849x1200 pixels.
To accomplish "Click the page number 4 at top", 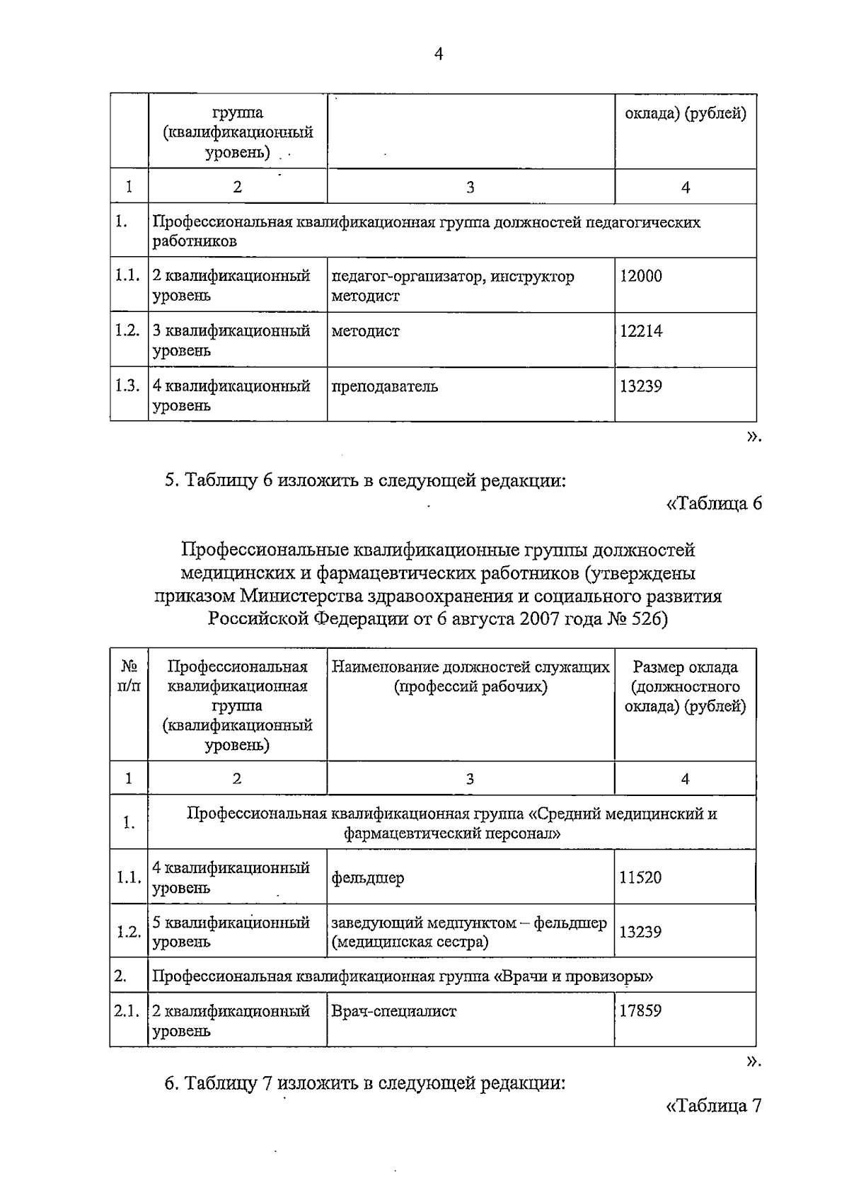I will [x=438, y=54].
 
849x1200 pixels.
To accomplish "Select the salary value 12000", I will [x=641, y=277].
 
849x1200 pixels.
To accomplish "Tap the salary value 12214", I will [x=641, y=331].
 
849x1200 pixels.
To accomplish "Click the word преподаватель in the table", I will [x=384, y=387].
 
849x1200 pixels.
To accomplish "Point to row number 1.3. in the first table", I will [x=127, y=386].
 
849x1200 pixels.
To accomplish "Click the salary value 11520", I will [x=640, y=878].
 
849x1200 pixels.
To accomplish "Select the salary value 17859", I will [x=640, y=1011].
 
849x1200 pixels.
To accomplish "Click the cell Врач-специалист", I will [x=394, y=1011].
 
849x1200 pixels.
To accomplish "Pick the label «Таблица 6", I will [x=713, y=504].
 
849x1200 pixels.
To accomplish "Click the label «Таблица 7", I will [x=713, y=1106].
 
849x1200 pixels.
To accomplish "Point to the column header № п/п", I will [x=129, y=676].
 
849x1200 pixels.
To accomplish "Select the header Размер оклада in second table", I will [x=685, y=667].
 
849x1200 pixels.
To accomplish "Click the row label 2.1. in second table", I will [x=128, y=1011].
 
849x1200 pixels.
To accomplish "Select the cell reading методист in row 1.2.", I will [x=365, y=331].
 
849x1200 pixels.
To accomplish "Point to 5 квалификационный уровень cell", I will [x=231, y=932].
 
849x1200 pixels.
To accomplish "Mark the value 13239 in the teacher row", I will [x=641, y=387].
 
